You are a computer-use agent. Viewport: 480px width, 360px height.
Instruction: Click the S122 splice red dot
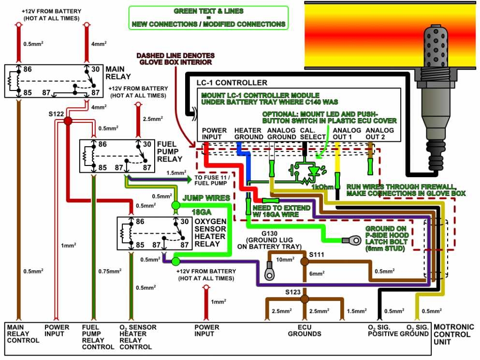(68, 121)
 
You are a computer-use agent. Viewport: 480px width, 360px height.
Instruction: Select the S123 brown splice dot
(305, 299)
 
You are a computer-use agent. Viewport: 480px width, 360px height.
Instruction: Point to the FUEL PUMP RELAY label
(170, 151)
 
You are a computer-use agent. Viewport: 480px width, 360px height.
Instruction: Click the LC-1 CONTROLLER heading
(231, 83)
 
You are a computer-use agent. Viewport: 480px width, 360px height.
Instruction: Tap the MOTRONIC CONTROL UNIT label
(454, 334)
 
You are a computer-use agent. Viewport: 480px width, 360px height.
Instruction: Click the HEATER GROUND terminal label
(248, 134)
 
